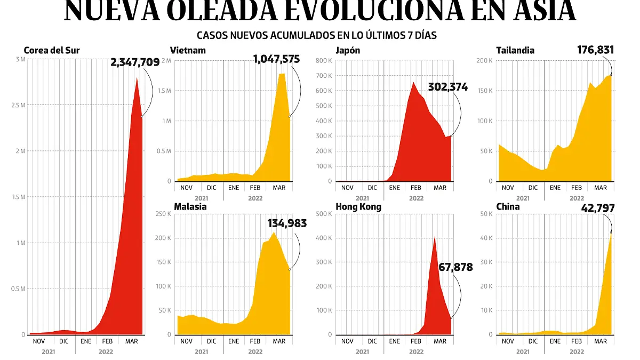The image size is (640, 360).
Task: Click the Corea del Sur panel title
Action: (x=52, y=51)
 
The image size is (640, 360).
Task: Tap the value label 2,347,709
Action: (x=135, y=62)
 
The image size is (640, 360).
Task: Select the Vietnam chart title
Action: (x=188, y=51)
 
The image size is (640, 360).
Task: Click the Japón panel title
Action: (x=348, y=51)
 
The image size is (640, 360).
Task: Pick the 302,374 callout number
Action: (x=447, y=87)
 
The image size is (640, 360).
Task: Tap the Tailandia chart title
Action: (x=515, y=51)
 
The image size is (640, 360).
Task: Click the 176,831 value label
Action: (x=596, y=50)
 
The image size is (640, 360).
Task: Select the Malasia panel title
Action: (x=190, y=206)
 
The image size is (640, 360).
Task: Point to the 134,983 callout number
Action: (x=287, y=223)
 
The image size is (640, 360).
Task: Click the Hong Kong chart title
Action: (x=358, y=206)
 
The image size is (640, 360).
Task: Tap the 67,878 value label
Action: (x=455, y=267)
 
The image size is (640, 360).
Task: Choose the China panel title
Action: (x=508, y=206)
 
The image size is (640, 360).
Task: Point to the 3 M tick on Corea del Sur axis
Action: (x=20, y=59)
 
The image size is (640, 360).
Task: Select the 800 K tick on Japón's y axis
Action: (x=324, y=60)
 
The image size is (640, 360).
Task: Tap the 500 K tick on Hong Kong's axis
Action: (x=324, y=214)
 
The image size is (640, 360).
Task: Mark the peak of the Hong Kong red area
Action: (x=435, y=236)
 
